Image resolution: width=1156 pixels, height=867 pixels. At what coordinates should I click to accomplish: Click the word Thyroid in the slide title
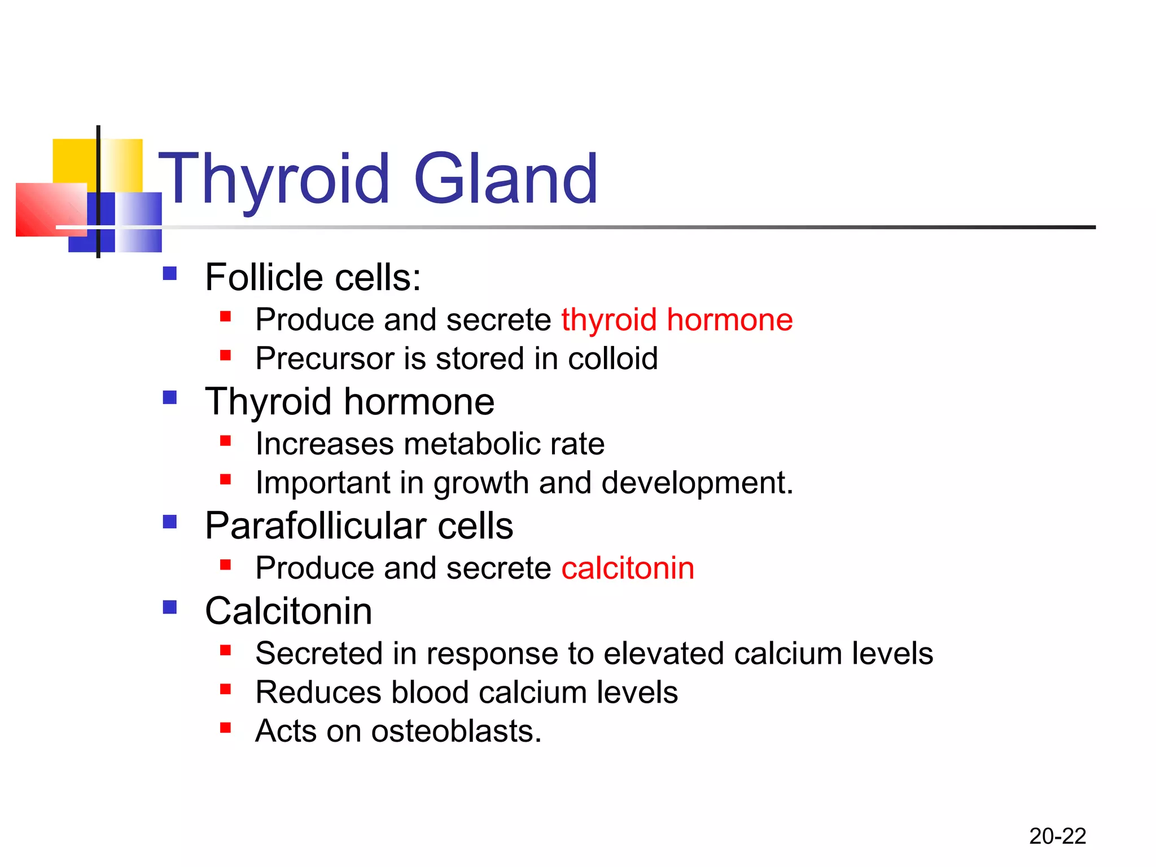pos(274,179)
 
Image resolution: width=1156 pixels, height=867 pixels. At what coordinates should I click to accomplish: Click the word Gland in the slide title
pos(506,179)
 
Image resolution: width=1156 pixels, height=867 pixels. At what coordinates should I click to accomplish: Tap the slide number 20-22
pos(1057,836)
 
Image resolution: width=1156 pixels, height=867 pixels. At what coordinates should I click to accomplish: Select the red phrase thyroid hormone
pos(677,319)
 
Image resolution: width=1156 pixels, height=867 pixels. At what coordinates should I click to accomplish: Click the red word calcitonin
pos(628,568)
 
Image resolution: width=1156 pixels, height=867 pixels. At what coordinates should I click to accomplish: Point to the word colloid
pos(612,358)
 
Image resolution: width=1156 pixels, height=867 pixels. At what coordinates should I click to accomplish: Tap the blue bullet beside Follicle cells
pos(170,274)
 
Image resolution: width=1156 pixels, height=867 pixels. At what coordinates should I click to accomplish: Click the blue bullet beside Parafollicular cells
pos(170,522)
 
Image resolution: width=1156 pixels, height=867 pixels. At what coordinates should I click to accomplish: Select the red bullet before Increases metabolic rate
pos(226,440)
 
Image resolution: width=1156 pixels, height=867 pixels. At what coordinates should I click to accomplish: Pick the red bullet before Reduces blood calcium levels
pos(226,689)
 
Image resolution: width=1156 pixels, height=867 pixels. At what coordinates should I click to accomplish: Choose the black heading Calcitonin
pos(288,611)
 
